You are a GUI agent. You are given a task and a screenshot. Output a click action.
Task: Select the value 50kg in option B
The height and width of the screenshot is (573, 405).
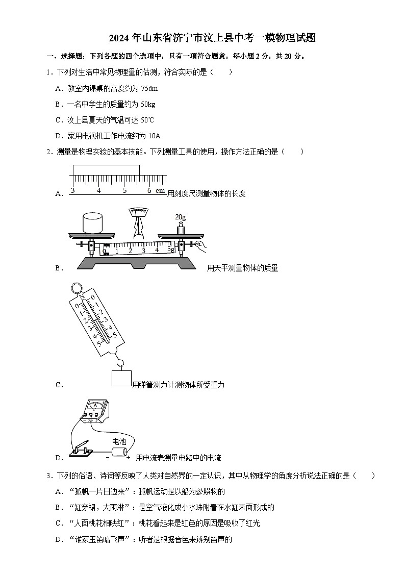147,104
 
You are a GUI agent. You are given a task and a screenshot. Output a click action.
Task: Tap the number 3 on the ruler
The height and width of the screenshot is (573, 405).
73,190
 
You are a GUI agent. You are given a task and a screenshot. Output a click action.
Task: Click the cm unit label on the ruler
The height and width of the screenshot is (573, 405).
160,190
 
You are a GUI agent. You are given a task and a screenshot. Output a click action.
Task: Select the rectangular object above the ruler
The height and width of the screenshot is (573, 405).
106,170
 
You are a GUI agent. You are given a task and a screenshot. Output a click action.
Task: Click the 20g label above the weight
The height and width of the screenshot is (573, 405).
180,217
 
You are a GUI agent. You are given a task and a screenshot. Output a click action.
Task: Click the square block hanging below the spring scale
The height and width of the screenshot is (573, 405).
121,379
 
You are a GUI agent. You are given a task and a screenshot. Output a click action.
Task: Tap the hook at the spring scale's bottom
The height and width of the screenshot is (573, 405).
121,363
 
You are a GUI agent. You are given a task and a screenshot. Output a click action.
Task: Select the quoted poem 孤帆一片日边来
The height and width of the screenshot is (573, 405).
100,491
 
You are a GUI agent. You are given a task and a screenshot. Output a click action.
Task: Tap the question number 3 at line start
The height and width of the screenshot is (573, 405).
48,476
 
